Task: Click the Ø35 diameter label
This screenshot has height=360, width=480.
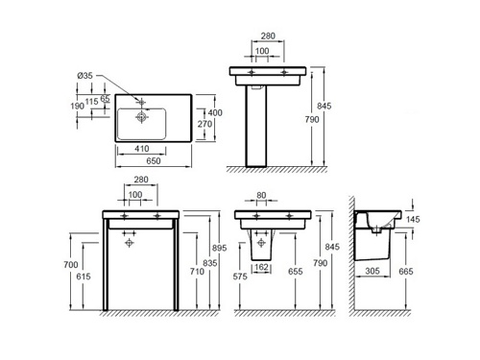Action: [84, 76]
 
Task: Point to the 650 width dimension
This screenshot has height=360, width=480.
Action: [154, 161]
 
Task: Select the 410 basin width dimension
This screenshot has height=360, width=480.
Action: [141, 149]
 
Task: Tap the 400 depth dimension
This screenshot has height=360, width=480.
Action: [215, 112]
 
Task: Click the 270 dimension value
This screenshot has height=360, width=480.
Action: [204, 124]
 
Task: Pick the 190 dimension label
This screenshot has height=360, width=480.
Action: [78, 106]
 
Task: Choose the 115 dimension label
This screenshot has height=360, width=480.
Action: [92, 102]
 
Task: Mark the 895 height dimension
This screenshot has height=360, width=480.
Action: [219, 248]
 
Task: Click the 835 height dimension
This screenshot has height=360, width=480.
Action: [210, 263]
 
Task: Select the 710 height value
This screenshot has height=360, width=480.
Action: [197, 272]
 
